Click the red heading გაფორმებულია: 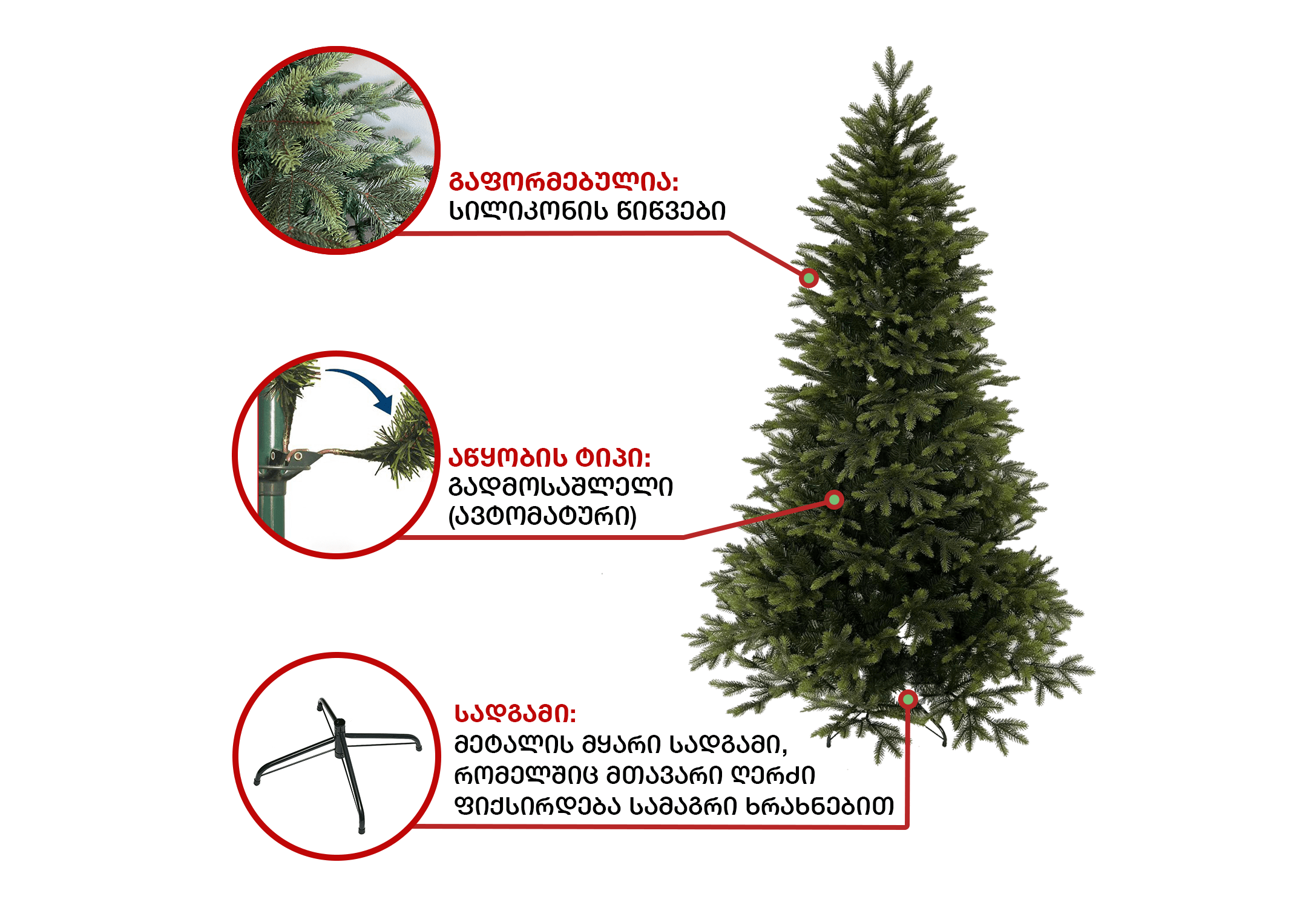[x=563, y=182]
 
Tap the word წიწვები [x=671, y=211]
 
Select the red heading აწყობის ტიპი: [x=550, y=458]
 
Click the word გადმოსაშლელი [x=560, y=487]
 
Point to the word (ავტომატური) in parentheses [x=542, y=516]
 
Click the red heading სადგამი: [x=515, y=714]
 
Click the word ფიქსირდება [x=537, y=806]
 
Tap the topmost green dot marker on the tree [x=809, y=278]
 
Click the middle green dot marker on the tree [x=835, y=499]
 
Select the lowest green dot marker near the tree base [x=908, y=700]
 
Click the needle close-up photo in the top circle [x=336, y=150]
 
